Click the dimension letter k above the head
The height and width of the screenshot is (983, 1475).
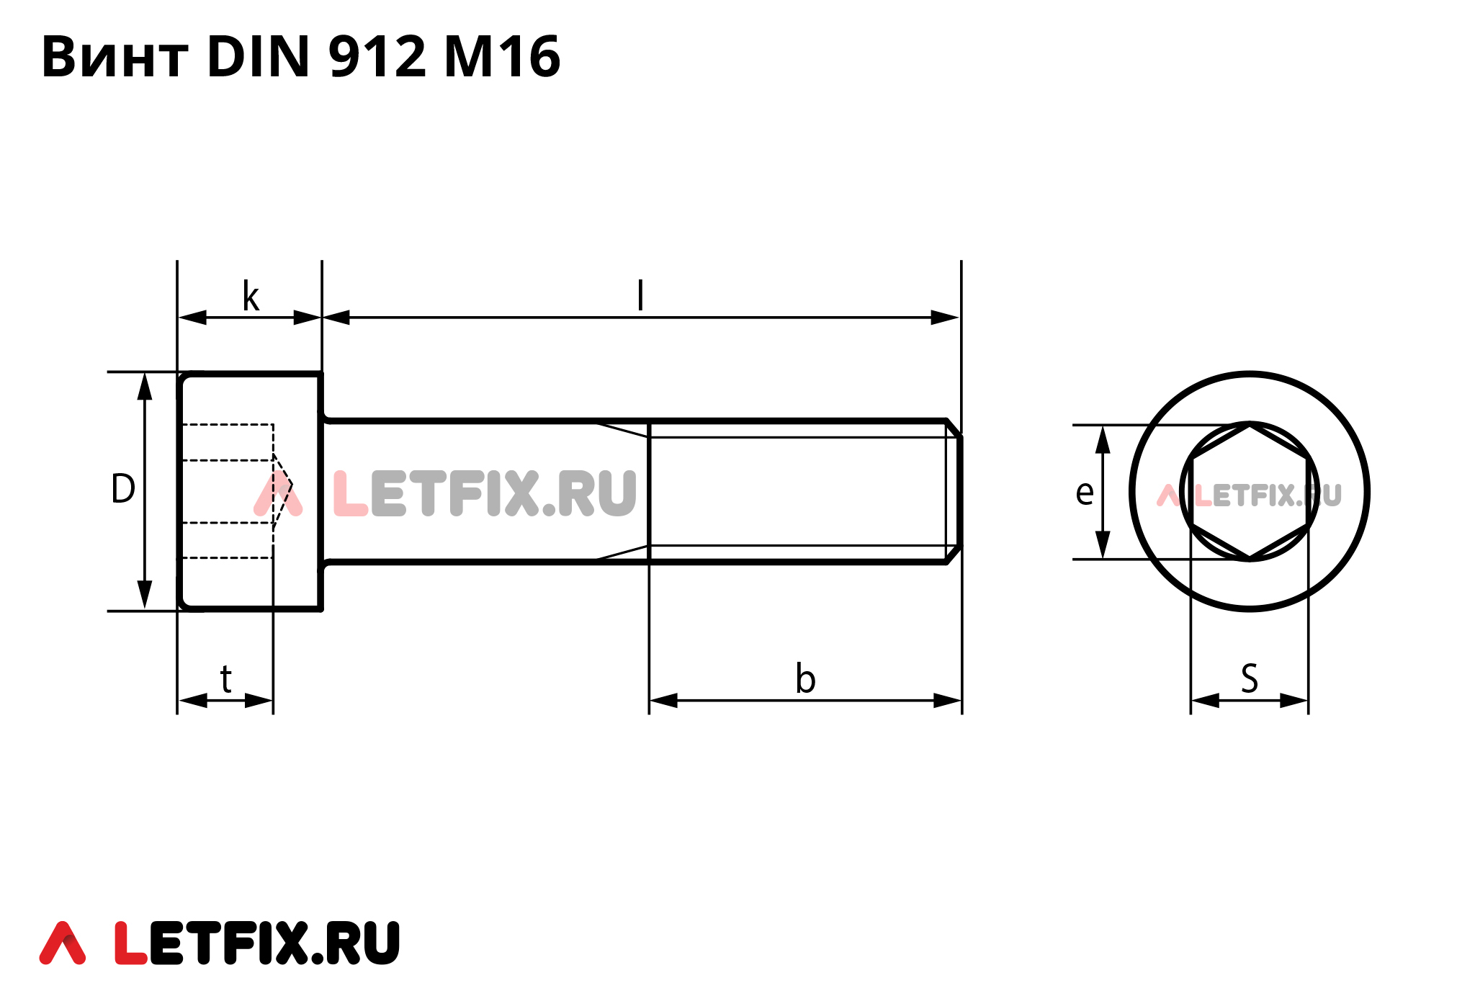click(251, 297)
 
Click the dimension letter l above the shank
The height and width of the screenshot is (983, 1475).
click(640, 295)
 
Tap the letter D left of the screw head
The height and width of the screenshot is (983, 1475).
click(123, 489)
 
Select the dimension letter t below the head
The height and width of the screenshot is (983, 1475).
click(226, 679)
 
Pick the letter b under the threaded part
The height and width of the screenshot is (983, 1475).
click(805, 679)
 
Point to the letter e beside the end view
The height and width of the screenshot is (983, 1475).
click(1085, 493)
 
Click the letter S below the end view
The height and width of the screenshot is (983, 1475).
click(1250, 679)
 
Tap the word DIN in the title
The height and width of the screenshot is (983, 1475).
click(258, 57)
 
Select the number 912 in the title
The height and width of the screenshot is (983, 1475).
click(377, 57)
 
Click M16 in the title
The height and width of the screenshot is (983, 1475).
click(502, 57)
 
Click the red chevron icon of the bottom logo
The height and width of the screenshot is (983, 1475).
click(63, 943)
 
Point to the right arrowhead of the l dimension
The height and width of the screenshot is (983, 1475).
click(946, 318)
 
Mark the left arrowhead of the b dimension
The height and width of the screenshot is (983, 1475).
click(663, 700)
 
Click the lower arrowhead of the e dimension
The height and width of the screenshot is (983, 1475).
click(1103, 545)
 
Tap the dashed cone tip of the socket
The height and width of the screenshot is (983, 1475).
click(290, 485)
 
